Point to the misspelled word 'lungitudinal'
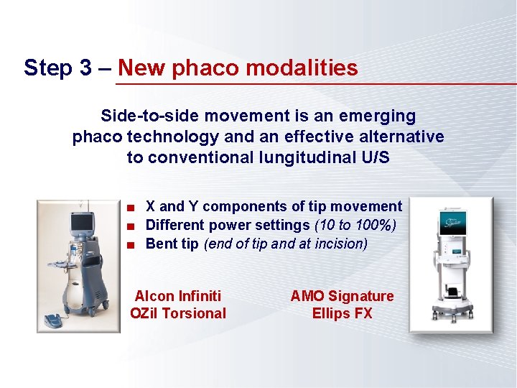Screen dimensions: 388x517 [315, 157]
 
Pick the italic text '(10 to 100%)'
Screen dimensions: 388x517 [355, 226]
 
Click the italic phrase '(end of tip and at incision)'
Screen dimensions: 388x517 [286, 244]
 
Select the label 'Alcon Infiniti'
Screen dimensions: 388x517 [178, 296]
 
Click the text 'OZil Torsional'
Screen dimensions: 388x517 [178, 313]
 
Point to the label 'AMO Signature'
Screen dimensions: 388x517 [342, 296]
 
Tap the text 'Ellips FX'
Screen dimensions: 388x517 [342, 313]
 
